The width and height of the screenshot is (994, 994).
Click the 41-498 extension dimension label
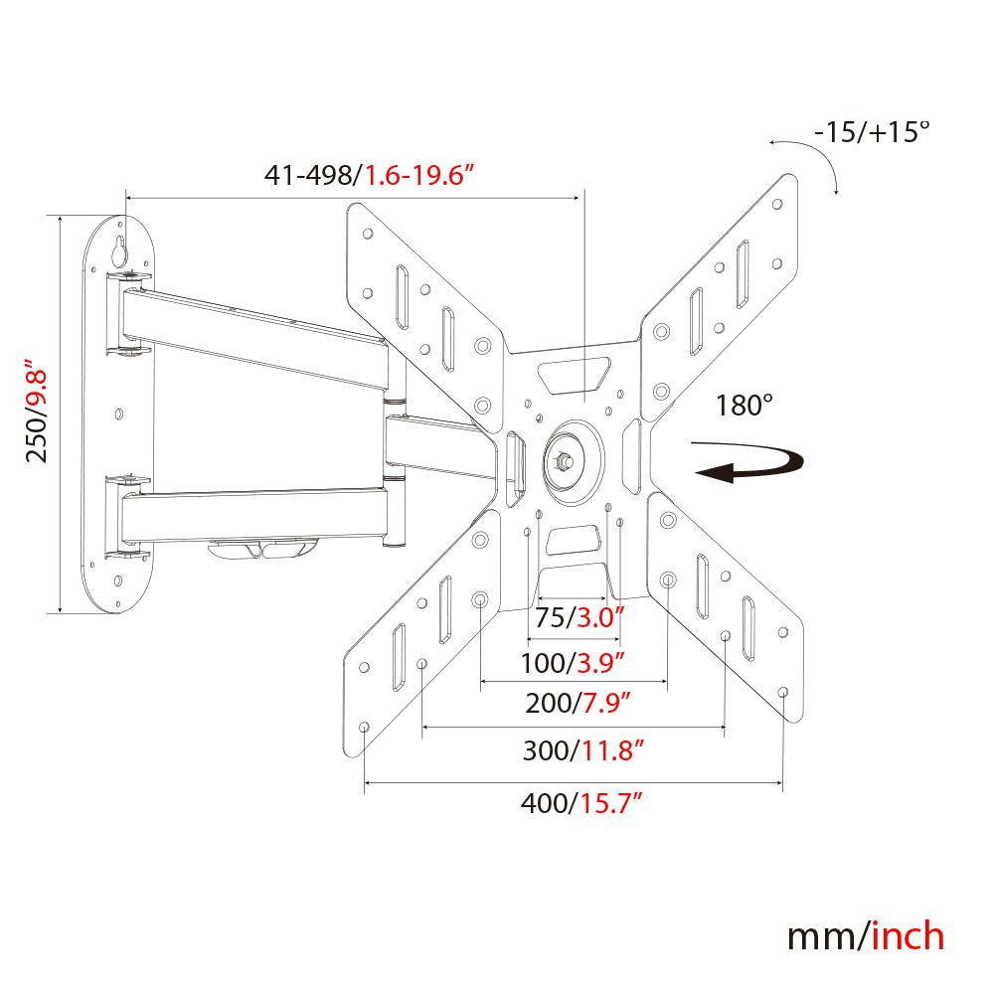(370, 174)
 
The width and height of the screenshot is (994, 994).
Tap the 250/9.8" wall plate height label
(37, 411)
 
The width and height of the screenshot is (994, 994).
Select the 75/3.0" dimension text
(580, 617)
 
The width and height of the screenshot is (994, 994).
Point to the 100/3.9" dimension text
(573, 663)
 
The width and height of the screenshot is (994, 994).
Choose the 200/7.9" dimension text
(579, 703)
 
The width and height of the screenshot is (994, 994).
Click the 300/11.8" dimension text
(583, 750)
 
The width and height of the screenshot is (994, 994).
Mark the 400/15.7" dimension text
(581, 803)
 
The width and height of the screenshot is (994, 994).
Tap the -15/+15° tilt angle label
(873, 132)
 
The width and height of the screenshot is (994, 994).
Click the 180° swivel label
(745, 406)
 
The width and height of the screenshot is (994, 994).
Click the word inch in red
(908, 937)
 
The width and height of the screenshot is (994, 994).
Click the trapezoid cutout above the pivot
(574, 376)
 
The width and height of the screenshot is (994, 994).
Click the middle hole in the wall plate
(119, 414)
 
